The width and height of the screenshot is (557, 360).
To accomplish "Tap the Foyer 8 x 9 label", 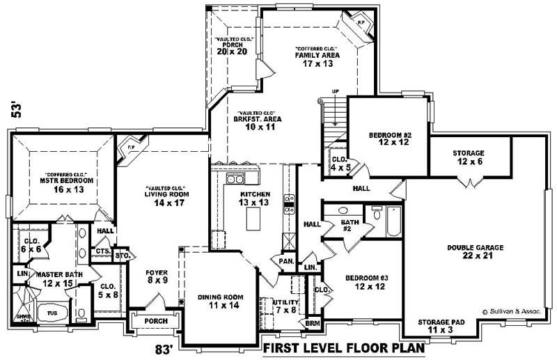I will pos(156,276).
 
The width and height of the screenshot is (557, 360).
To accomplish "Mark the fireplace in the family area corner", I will pos(361,23).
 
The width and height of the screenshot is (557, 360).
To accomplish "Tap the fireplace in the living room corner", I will pos(128,148).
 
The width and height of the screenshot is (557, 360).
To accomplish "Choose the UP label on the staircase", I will pos(335,91).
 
